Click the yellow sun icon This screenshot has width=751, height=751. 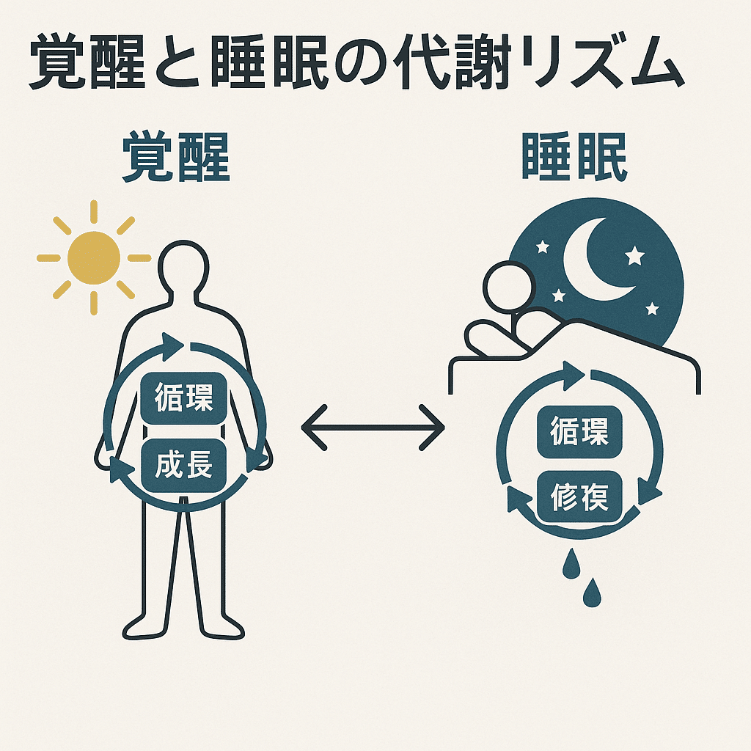tap(93, 257)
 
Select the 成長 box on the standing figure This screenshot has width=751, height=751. tap(184, 465)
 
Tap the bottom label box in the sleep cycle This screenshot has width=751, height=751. tap(579, 497)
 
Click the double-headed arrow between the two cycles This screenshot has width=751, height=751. tap(373, 426)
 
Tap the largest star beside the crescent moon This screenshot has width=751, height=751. tap(634, 256)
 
